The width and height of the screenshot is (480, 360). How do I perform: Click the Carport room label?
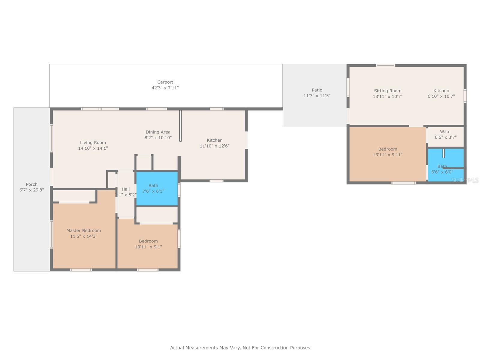165,82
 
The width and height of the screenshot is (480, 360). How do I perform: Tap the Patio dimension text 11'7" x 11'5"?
317,95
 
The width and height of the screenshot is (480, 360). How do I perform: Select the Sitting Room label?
388,91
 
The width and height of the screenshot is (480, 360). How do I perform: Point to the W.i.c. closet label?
446,132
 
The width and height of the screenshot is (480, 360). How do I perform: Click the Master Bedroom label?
84,230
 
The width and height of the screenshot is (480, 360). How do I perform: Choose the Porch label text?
31,184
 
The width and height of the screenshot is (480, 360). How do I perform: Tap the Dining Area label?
158,132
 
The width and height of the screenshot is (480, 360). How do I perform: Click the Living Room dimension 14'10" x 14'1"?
93,148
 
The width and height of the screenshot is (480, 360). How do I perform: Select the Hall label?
126,189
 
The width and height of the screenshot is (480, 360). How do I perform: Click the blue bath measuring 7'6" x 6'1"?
157,189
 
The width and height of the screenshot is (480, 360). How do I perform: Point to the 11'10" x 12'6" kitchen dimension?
214,146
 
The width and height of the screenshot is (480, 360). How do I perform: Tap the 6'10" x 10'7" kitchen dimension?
441,96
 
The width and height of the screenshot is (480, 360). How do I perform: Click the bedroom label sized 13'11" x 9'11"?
388,149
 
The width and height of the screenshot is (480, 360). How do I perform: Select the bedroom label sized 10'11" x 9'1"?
148,241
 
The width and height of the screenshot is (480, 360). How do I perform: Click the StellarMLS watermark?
465,180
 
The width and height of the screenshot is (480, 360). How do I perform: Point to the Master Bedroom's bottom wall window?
81,270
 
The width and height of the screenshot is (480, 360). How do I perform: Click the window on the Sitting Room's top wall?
385,65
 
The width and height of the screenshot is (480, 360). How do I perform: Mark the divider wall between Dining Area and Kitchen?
180,126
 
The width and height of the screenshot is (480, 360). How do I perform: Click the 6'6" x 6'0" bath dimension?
442,172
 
